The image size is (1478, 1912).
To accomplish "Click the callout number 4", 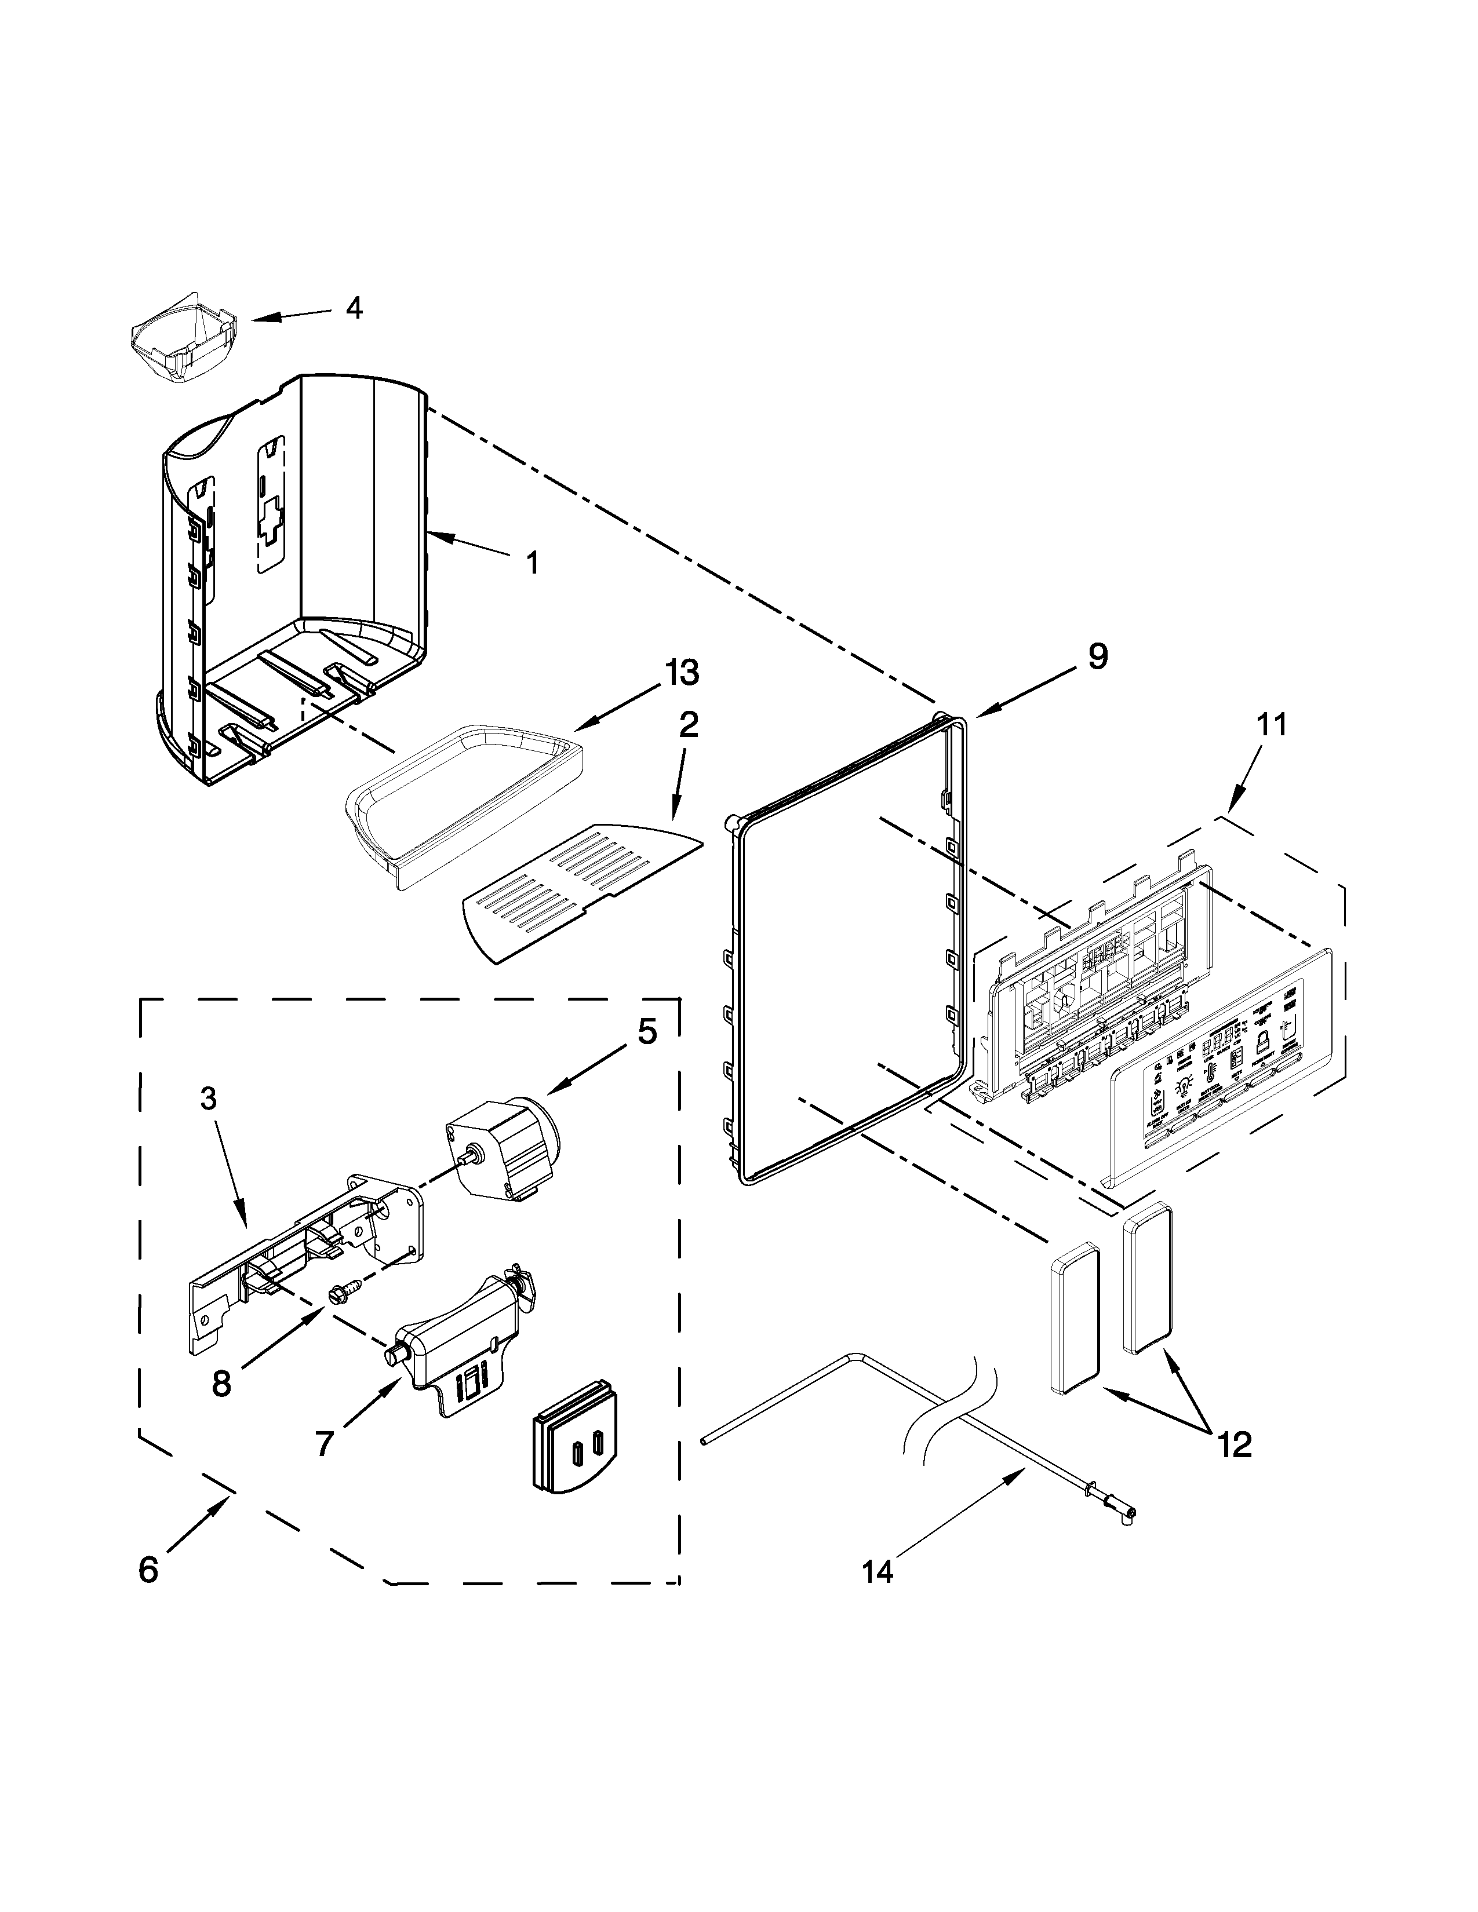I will tap(354, 308).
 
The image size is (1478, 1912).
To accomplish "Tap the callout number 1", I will tap(532, 562).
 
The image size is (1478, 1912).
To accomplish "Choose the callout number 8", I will tap(221, 1383).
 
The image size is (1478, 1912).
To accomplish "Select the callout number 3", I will tap(209, 1100).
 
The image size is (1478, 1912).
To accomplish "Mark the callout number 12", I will tap(1235, 1444).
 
